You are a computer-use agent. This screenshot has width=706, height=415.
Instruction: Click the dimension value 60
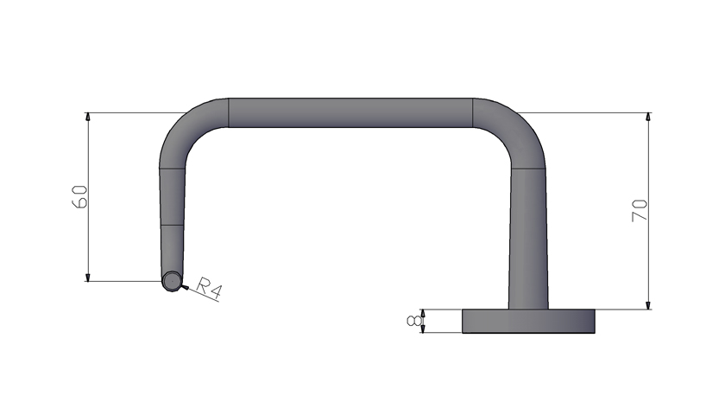[79, 196]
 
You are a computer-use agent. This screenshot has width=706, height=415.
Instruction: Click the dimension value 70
[640, 210]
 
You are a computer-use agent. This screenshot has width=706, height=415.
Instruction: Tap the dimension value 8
[415, 322]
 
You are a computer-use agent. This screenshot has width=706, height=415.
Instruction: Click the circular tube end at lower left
[173, 281]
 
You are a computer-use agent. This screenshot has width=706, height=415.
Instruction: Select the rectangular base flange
[529, 321]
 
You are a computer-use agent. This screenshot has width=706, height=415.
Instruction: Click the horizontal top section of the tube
[350, 112]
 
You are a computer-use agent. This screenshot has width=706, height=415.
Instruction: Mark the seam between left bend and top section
[228, 112]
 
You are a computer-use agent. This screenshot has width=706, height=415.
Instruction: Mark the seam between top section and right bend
[473, 112]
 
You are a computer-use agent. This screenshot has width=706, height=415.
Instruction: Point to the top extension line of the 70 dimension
[596, 112]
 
